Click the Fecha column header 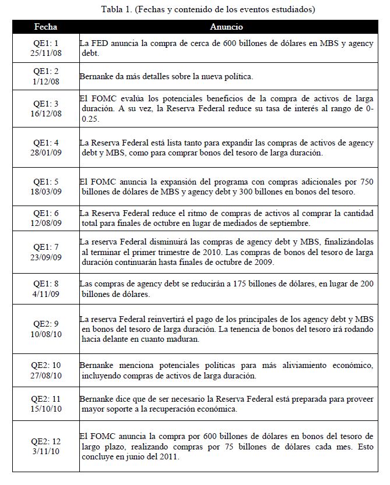(45, 27)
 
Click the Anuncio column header (226, 27)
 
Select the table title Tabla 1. (195, 9)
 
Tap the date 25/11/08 (46, 52)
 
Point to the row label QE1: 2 (46, 72)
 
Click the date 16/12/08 (46, 113)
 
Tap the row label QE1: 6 (46, 213)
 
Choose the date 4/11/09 (46, 294)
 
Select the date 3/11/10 (46, 446)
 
